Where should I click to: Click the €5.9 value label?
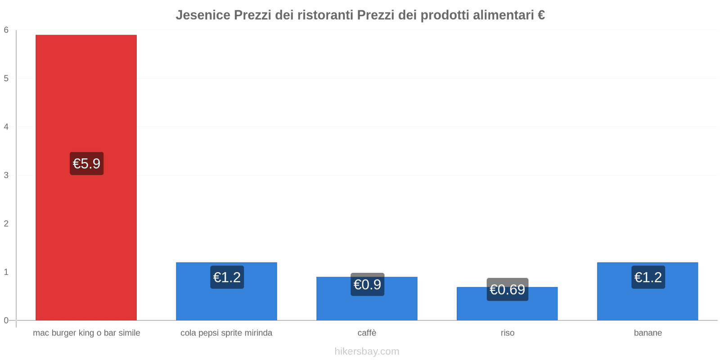(86, 163)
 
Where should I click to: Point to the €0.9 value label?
(367, 284)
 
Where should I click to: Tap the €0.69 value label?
(507, 289)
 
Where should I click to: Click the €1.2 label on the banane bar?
(648, 277)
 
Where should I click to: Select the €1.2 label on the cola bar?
(227, 277)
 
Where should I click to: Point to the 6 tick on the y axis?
(6, 30)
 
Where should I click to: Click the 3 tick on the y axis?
(6, 175)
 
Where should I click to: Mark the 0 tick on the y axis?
(6, 320)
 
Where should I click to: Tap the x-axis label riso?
(507, 333)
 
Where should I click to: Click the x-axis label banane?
(648, 333)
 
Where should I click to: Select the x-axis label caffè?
(367, 333)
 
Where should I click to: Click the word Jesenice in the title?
(203, 15)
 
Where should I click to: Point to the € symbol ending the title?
(541, 15)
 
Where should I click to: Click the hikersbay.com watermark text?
(367, 351)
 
